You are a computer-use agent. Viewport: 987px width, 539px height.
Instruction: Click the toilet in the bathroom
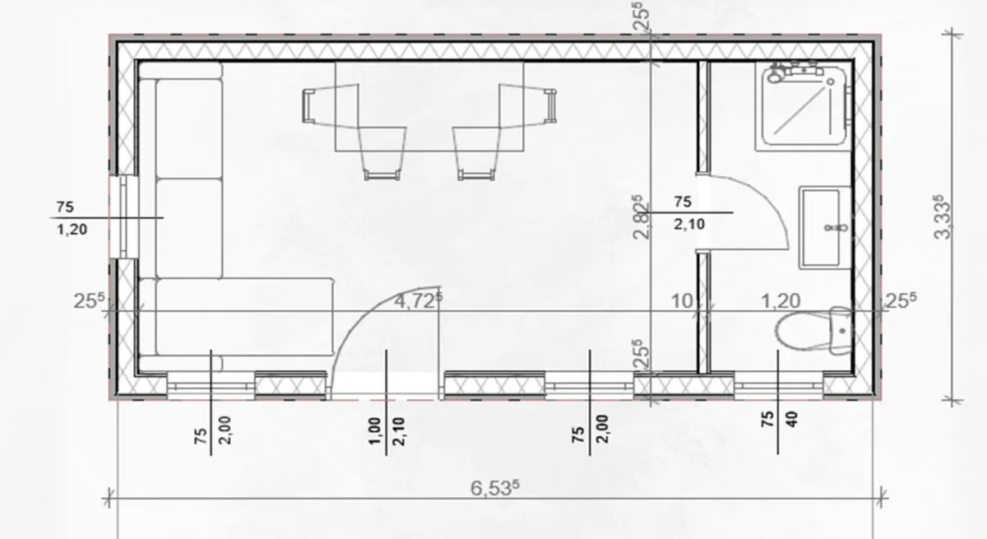pos(813,330)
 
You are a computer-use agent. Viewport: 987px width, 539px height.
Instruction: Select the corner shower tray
pos(804,106)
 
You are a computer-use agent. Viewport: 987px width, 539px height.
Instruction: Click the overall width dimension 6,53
pos(495,487)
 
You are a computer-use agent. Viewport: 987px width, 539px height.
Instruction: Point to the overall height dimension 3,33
pos(942,217)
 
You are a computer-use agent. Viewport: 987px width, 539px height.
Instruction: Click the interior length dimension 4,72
pos(418,300)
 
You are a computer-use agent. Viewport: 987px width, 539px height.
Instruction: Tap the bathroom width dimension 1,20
pos(781,301)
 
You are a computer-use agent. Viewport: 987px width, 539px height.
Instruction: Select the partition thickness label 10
pos(682,301)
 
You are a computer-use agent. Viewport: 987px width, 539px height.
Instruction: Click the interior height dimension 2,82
pos(641,218)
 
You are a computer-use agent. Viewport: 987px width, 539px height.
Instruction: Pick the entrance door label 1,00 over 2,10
pos(386,431)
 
